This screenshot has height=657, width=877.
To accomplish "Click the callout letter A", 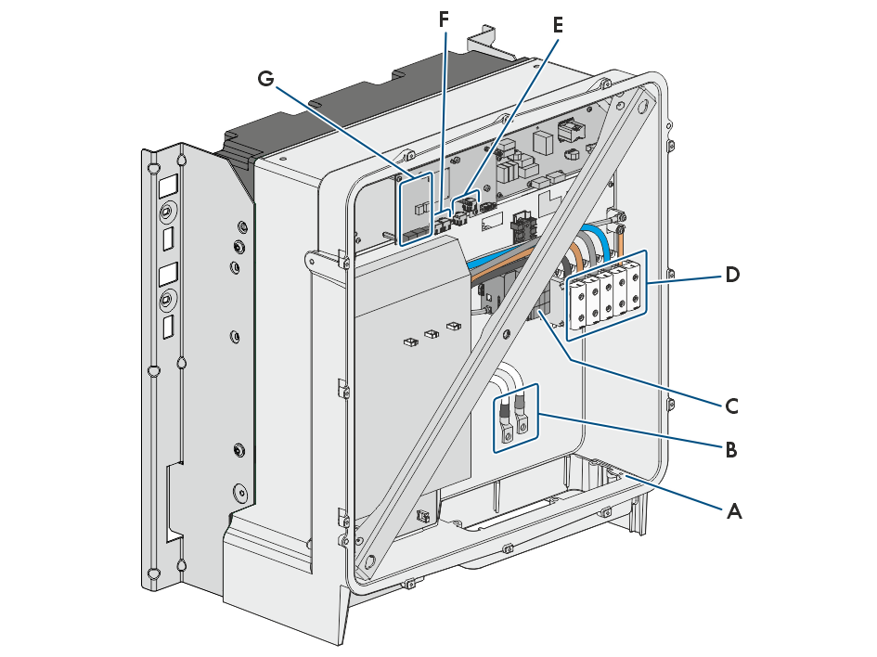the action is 734,511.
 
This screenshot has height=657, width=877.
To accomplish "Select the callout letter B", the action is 730,449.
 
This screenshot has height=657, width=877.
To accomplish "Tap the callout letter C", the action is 731,406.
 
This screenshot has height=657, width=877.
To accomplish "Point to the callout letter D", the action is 732,275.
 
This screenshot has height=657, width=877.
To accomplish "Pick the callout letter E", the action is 557,25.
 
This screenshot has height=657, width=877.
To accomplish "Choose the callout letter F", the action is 444,19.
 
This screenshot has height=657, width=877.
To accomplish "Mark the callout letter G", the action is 265,78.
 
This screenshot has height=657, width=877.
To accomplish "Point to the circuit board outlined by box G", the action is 416,209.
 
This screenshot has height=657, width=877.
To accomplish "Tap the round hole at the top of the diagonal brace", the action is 642,105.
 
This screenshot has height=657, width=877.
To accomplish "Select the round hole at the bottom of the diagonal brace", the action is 369,560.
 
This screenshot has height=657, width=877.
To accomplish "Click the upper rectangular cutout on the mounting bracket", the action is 168,186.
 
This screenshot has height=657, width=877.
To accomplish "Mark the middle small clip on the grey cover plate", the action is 432,334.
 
